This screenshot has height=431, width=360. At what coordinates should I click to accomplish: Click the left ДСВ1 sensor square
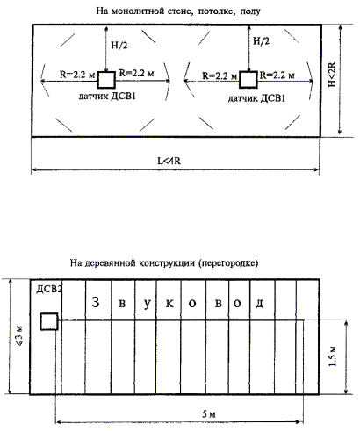pos(106,80)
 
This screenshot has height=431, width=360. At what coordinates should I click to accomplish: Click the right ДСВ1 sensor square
pos(248,79)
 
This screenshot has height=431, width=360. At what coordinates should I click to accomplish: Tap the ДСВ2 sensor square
pos(49,321)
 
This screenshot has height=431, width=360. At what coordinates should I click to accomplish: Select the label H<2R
pos(332,74)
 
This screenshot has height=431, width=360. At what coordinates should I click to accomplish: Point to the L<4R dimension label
pos(169,161)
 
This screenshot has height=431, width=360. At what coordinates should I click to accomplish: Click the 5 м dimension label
pos(209,414)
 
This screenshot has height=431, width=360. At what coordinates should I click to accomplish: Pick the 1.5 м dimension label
pos(333,356)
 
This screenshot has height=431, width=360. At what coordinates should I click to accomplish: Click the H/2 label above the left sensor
pos(119,45)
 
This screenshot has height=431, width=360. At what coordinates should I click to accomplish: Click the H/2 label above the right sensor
pos(261,41)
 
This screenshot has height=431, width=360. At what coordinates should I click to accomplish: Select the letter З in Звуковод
pos(96,302)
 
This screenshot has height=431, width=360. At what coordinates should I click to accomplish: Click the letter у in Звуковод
pos(148,304)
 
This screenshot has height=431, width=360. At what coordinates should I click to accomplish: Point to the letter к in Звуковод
pos(169,304)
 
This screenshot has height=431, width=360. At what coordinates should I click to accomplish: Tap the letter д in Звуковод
pos(260,304)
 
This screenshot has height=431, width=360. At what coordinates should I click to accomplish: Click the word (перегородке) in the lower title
pos(228,263)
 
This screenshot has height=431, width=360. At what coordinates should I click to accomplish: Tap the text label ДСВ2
pos(49,290)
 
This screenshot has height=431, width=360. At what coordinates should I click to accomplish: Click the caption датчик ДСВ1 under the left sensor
pos(107,97)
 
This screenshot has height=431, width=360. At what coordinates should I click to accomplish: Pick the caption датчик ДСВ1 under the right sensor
pos(256,98)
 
